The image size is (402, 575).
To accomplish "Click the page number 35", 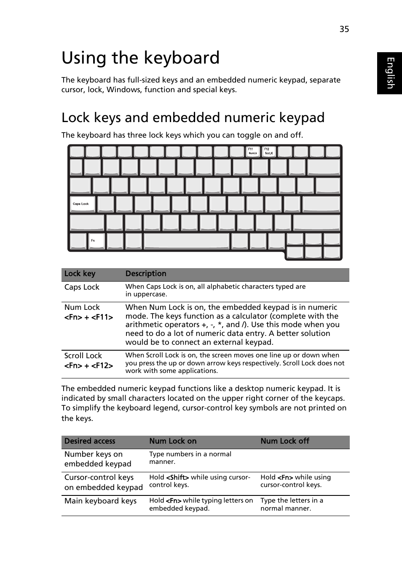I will (344, 29).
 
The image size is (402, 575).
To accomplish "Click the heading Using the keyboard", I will (140, 58).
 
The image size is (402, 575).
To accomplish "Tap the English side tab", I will (390, 73).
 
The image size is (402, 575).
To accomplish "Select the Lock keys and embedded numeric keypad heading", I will (193, 117).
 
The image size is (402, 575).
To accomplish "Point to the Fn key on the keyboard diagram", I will (96, 241).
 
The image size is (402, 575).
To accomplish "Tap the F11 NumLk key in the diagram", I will (253, 152).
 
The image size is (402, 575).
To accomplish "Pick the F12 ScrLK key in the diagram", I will (269, 152).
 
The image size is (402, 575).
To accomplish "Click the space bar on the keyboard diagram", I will (186, 241).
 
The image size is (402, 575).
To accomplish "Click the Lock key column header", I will (80, 274).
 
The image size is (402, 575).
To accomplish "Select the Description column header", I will (146, 274).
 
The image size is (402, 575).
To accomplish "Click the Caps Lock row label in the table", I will (82, 287).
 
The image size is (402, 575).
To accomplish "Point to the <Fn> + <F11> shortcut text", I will (88, 317).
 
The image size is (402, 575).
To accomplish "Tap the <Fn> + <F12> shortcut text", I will (88, 365).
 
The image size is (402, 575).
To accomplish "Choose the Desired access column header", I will (90, 441).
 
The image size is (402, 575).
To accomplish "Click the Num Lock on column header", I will (173, 441).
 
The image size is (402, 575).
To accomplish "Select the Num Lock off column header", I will (285, 441).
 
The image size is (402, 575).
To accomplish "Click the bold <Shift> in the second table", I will (177, 477).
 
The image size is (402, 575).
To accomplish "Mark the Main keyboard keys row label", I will (100, 501).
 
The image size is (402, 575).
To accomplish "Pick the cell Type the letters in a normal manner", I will (292, 504).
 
